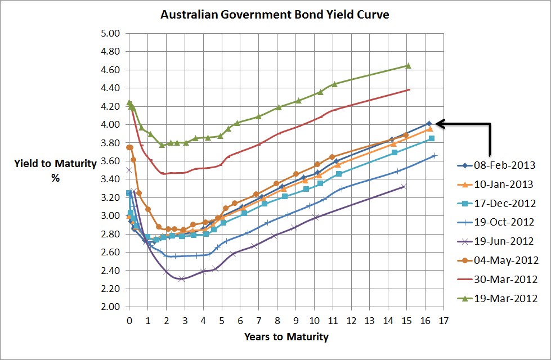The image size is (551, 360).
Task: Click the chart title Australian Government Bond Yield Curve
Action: (275, 15)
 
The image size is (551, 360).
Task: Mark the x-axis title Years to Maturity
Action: (286, 337)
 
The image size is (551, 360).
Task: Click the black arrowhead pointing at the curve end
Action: (440, 123)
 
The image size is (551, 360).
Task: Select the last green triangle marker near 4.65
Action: (408, 66)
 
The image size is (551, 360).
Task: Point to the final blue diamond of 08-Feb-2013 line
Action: (429, 123)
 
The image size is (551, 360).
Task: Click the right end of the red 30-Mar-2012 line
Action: (409, 89)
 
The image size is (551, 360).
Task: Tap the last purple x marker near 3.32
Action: (403, 186)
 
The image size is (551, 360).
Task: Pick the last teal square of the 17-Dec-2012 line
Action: (432, 138)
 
